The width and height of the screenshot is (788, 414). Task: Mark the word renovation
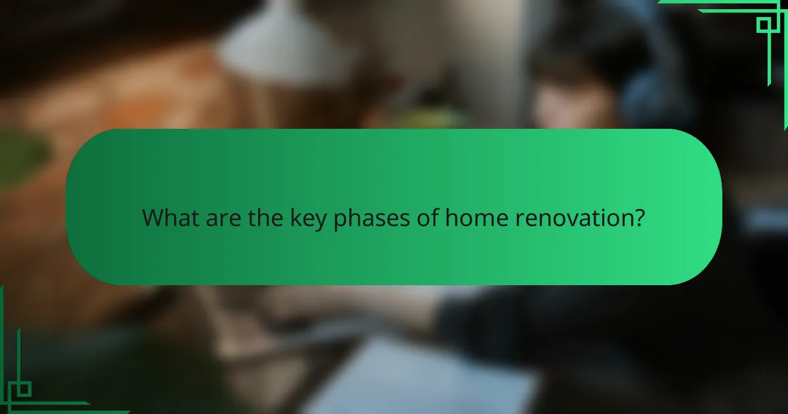point(569,218)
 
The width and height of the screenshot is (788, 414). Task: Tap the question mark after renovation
point(638,218)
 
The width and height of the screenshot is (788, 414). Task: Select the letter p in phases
point(339,221)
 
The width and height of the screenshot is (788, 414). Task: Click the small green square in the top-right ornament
point(764,25)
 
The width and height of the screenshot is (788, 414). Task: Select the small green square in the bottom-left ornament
point(24,388)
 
